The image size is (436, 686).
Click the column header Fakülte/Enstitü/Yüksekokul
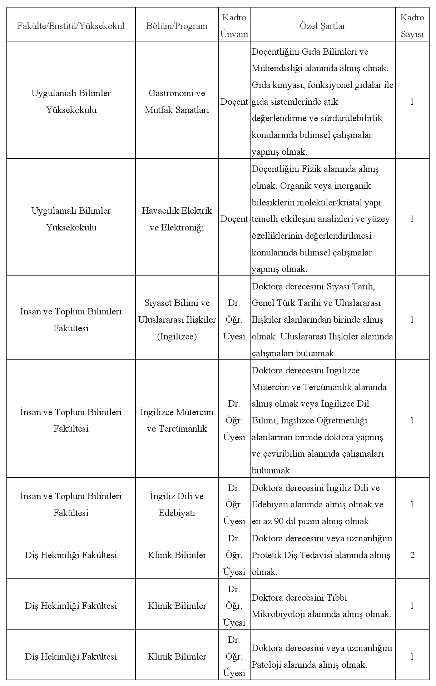[x=71, y=26]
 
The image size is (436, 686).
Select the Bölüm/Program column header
[x=177, y=26]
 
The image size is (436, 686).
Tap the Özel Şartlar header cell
[x=322, y=26]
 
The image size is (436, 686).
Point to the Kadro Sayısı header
[x=412, y=26]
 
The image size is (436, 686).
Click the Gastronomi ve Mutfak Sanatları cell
[x=177, y=101]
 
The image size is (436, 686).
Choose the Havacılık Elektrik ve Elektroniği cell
[x=177, y=219]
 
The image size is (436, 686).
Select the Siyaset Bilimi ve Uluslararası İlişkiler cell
[x=177, y=319]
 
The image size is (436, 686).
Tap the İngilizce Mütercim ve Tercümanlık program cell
[x=177, y=420]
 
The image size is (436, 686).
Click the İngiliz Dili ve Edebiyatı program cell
[x=177, y=504]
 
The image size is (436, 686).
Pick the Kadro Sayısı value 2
[x=412, y=555]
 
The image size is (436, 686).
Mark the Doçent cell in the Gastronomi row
[x=234, y=102]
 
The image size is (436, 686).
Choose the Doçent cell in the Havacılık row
[x=234, y=219]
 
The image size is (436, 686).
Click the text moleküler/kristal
[x=324, y=203]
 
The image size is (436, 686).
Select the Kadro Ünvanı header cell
[x=234, y=26]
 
